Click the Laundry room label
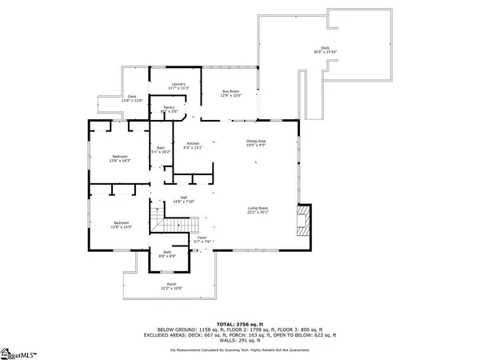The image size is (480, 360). pyautogui.click(x=177, y=86)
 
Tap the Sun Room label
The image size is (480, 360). pyautogui.click(x=231, y=94)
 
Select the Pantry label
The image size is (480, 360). pyautogui.click(x=169, y=109)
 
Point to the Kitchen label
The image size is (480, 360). pyautogui.click(x=194, y=145)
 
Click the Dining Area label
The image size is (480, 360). pyautogui.click(x=256, y=144)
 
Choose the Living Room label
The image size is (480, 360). pyautogui.click(x=257, y=210)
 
